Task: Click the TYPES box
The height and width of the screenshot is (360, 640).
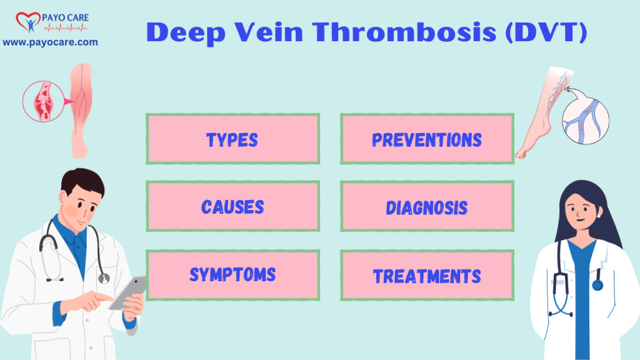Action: [x=232, y=139]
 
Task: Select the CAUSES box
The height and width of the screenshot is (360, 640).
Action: [x=232, y=207]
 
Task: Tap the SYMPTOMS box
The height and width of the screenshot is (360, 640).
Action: [x=232, y=274]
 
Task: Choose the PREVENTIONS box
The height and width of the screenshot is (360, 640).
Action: [x=427, y=139]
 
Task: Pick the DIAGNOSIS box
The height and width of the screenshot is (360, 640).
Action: [x=427, y=207]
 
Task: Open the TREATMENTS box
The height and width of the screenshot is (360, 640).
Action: [x=427, y=275]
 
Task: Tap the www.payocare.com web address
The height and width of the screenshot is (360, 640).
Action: [x=50, y=42]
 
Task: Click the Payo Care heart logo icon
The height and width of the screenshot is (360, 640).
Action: [x=27, y=20]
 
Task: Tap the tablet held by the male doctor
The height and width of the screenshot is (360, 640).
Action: [x=127, y=293]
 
